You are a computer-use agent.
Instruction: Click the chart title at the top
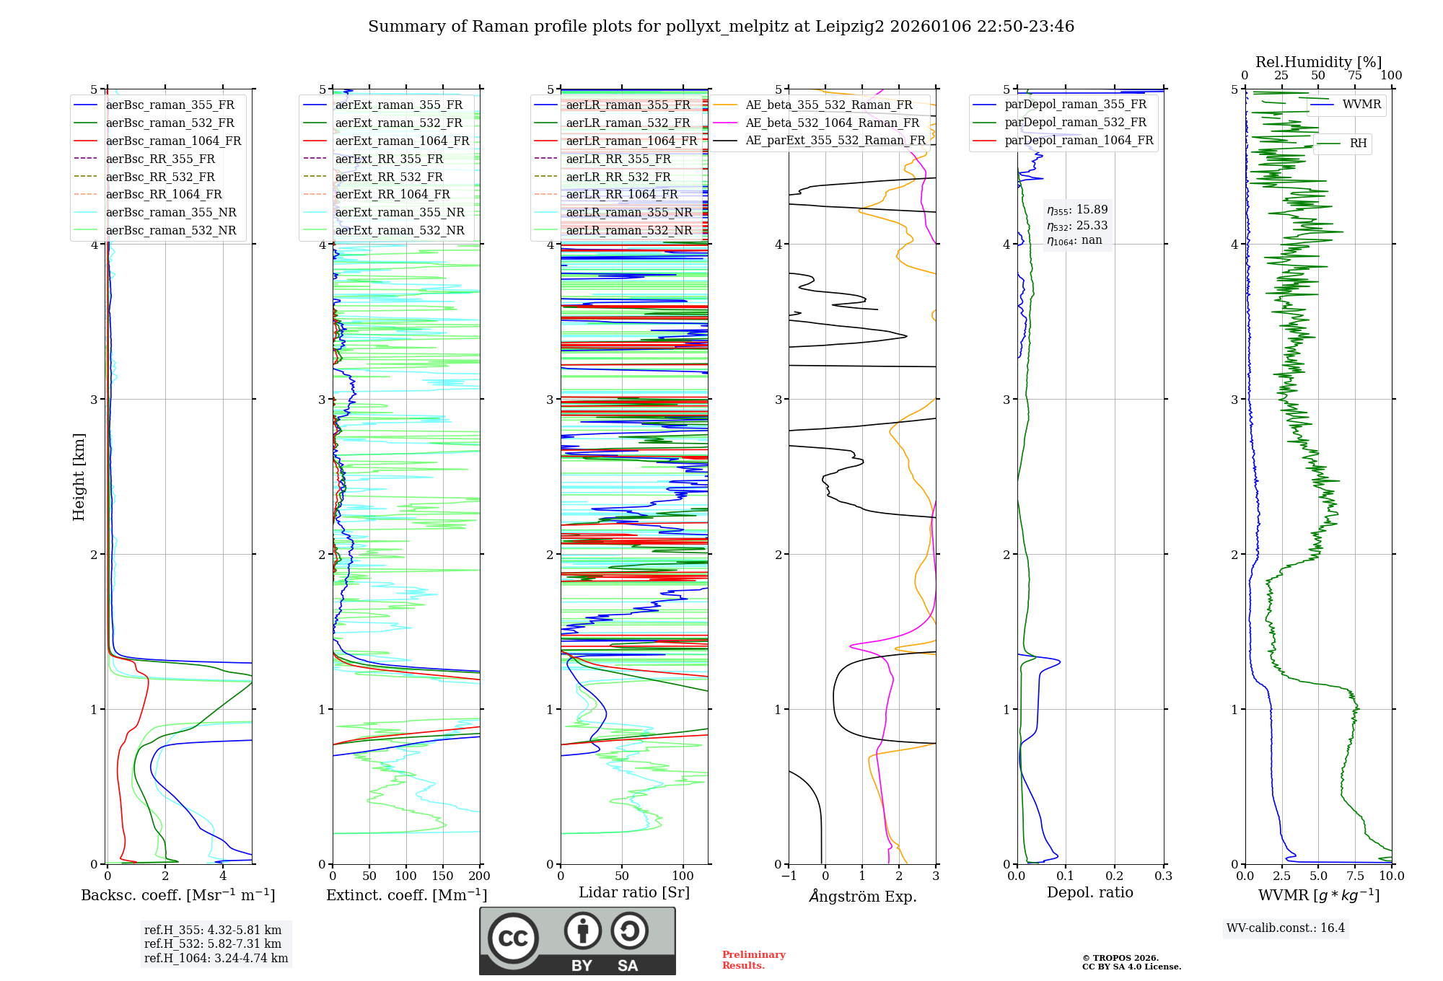(x=721, y=27)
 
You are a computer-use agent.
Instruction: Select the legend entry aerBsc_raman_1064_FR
(x=173, y=141)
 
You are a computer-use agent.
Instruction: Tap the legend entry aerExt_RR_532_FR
(x=389, y=177)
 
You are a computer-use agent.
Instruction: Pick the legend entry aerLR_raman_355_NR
(x=628, y=212)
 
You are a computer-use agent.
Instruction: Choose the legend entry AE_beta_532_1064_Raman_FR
(x=832, y=123)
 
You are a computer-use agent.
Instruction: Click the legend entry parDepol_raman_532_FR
(x=1075, y=123)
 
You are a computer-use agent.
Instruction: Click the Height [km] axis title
(x=79, y=477)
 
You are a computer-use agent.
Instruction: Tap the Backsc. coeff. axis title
(x=178, y=895)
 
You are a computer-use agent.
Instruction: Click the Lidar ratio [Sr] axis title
(x=634, y=892)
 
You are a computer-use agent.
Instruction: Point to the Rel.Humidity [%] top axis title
(x=1318, y=62)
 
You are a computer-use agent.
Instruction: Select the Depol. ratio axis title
(x=1089, y=892)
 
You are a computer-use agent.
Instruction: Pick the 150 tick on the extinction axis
(x=442, y=876)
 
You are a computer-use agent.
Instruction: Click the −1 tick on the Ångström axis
(x=789, y=876)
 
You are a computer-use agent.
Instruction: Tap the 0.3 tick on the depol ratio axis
(x=1163, y=876)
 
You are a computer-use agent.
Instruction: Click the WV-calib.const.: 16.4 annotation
(x=1286, y=928)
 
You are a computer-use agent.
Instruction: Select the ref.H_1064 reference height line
(x=216, y=958)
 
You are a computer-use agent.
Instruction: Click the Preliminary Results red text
(x=753, y=959)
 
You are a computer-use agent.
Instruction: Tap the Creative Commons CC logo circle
(x=513, y=938)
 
